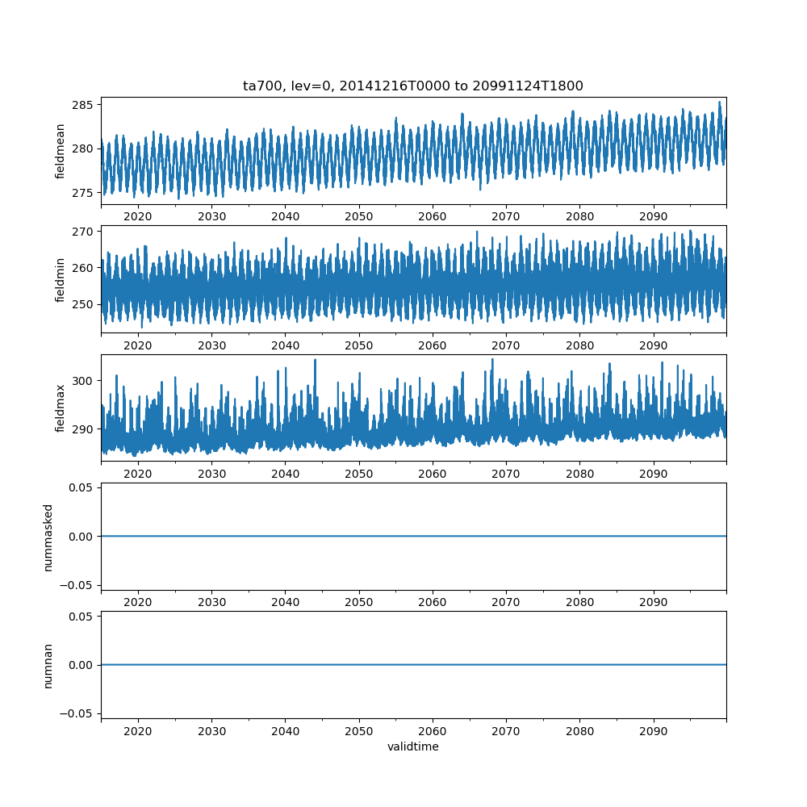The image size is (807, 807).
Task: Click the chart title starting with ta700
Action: [x=413, y=86]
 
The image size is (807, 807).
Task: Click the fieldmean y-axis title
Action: [x=61, y=151]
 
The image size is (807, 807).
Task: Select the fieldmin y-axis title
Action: [x=61, y=279]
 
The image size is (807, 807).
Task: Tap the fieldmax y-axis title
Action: [x=61, y=408]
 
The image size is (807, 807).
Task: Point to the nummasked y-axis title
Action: [x=48, y=537]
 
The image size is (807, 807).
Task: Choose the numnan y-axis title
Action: [x=48, y=665]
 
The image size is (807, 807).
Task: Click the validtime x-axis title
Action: [x=413, y=747]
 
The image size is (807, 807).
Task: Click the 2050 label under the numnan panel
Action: [x=359, y=731]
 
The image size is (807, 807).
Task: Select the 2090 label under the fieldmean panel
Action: [x=653, y=217]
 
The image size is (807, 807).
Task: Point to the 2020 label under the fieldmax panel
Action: [x=138, y=474]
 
